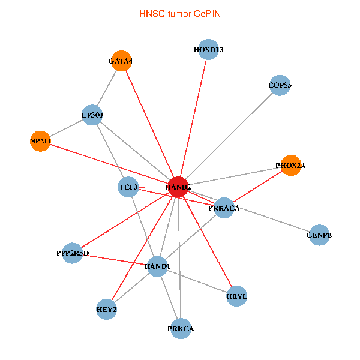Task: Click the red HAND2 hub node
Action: [179, 187]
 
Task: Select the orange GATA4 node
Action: [121, 61]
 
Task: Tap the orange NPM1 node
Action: [40, 141]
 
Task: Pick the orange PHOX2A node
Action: [290, 165]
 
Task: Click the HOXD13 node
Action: [209, 50]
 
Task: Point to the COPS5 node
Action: [280, 85]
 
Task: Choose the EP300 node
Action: [92, 115]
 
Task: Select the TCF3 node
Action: [128, 187]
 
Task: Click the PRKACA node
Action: [224, 208]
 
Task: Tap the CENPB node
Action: [319, 235]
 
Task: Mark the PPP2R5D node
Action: [72, 253]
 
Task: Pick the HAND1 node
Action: [157, 266]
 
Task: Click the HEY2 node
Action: [106, 310]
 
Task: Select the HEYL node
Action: [237, 296]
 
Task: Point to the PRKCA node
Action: [181, 328]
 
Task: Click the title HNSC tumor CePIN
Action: [180, 13]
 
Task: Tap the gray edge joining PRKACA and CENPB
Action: [271, 221]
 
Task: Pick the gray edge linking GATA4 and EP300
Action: [107, 88]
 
